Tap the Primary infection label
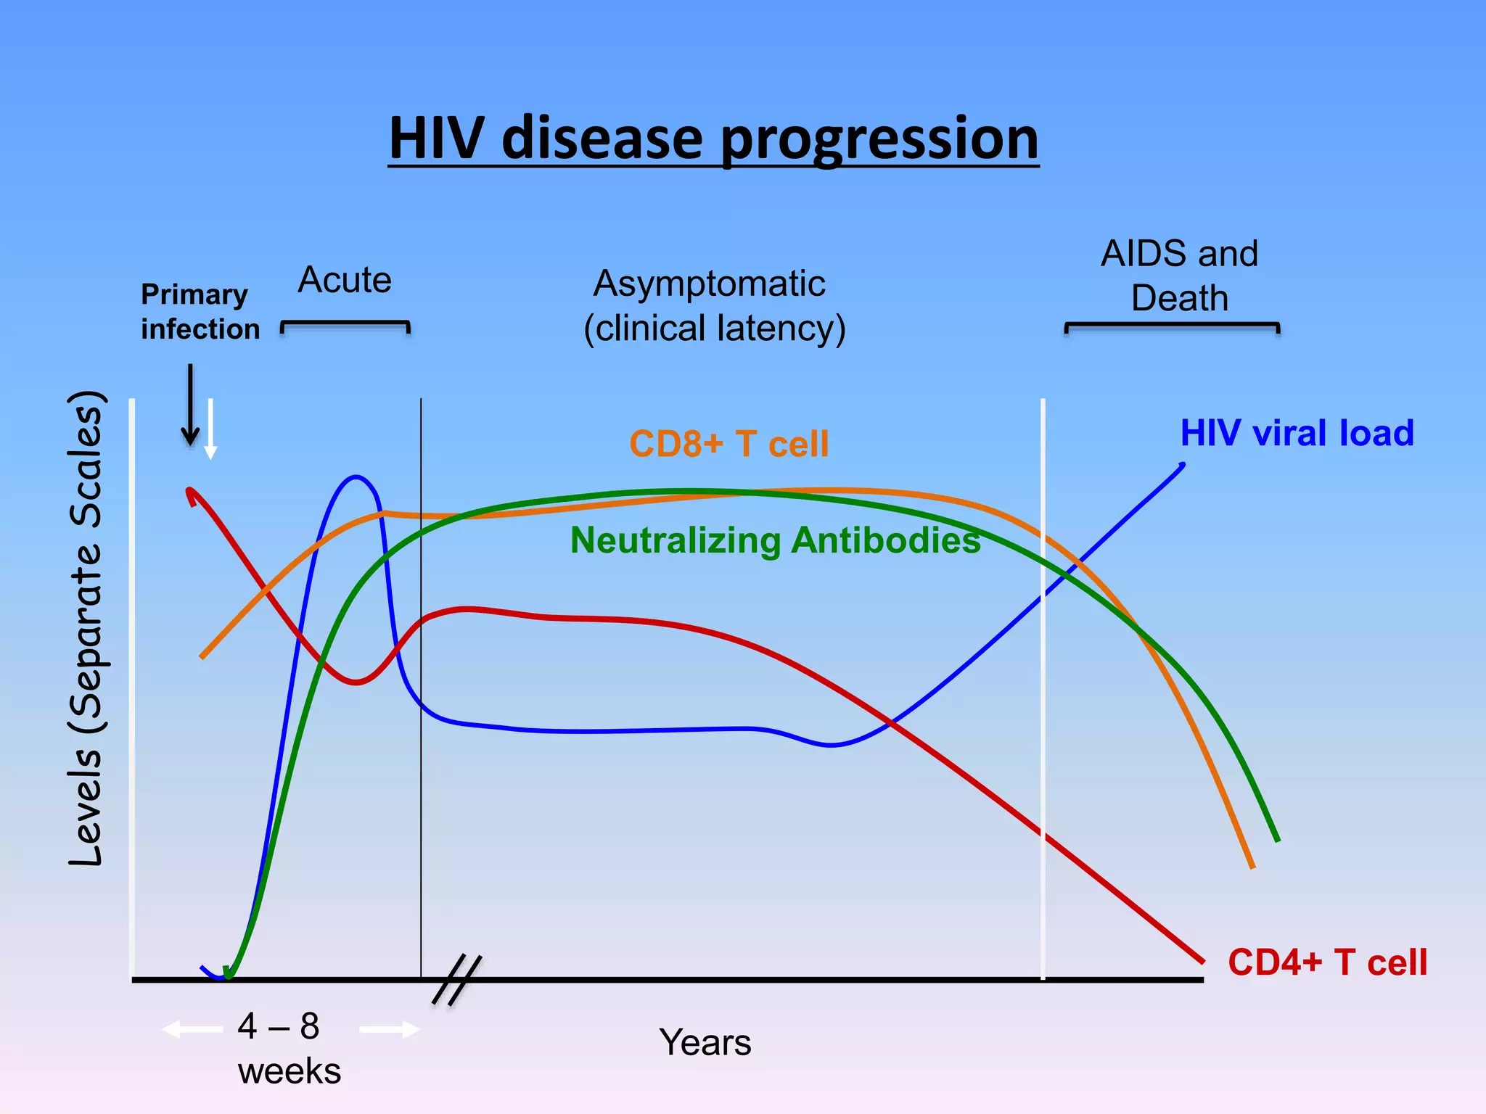coord(200,311)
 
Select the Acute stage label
coord(345,280)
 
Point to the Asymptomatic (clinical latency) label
coord(714,305)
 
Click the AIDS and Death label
coord(1179,276)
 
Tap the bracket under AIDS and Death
coord(1171,325)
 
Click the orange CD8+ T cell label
coord(728,443)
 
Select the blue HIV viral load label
coord(1297,433)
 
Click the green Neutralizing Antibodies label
coord(775,540)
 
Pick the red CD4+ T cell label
coord(1327,962)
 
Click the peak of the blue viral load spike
coord(356,477)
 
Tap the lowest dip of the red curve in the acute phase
coord(356,682)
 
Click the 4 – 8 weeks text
coord(288,1049)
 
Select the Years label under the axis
coord(705,1043)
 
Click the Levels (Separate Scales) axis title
coord(87,628)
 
